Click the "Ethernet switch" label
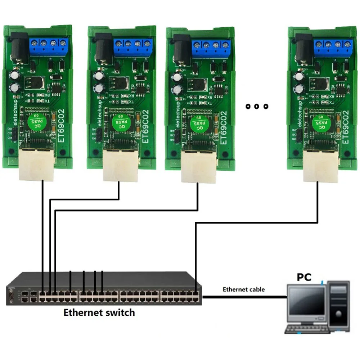(x=99, y=312)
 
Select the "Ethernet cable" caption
(x=244, y=289)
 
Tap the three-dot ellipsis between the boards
(x=256, y=106)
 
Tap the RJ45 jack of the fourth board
(x=318, y=166)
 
